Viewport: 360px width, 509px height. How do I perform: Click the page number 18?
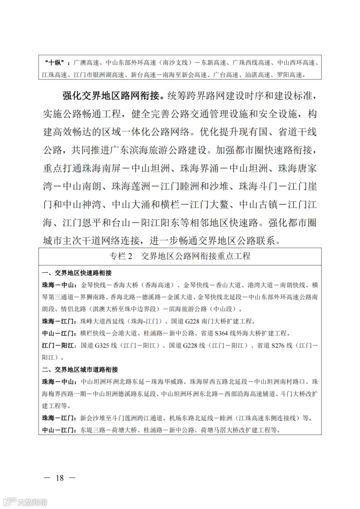click(x=60, y=477)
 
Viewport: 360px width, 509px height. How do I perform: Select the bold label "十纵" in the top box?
click(x=55, y=63)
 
